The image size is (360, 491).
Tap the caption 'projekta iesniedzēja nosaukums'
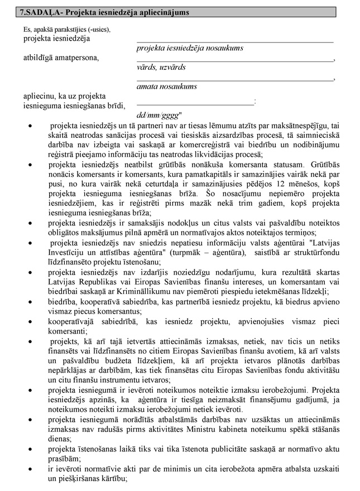(190, 48)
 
